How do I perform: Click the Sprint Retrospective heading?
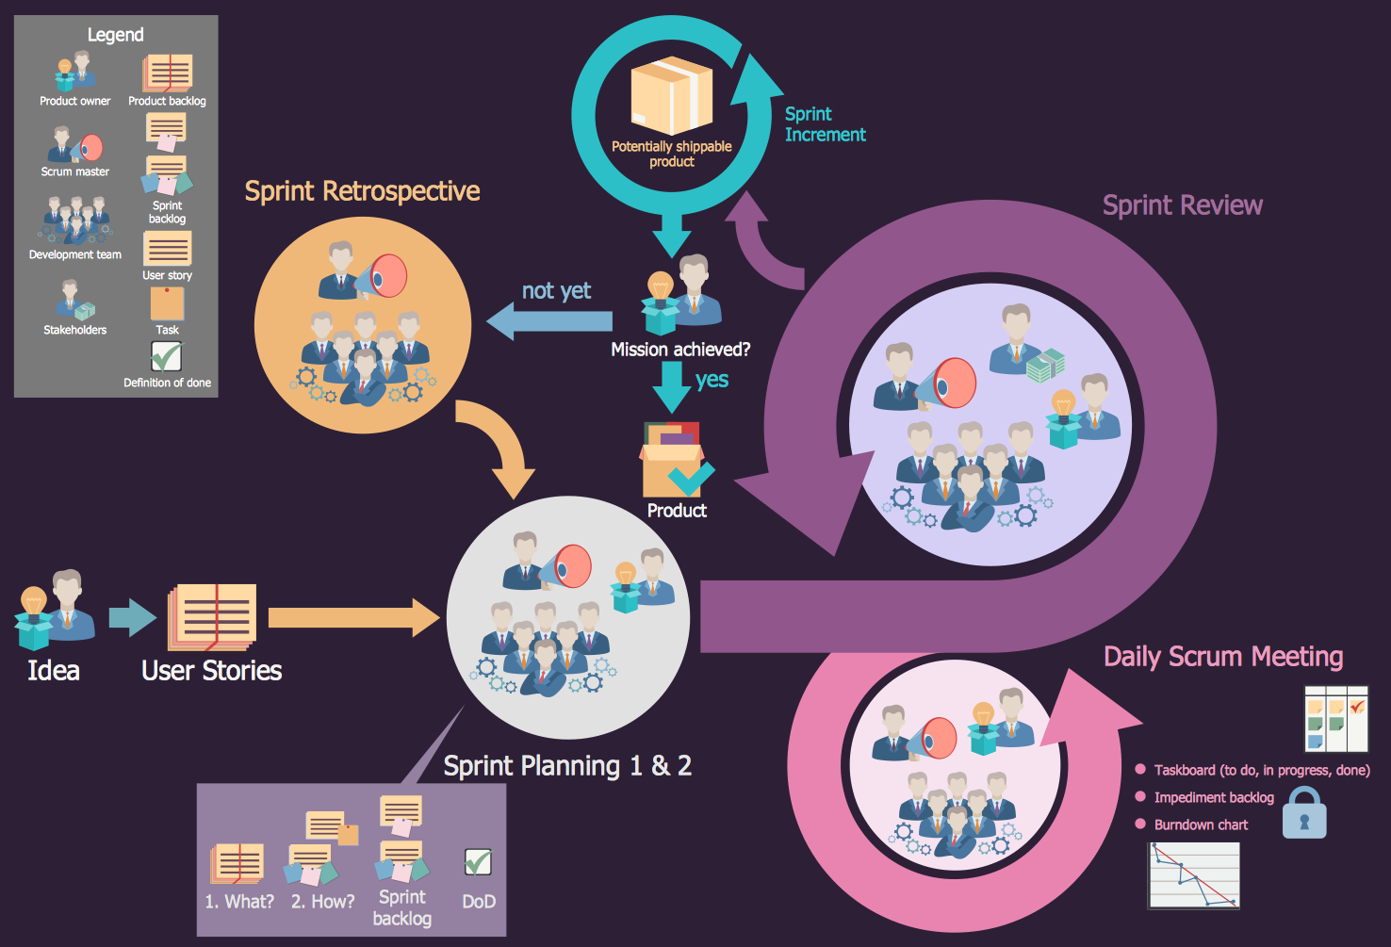tap(362, 191)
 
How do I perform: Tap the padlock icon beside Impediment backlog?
tap(1304, 812)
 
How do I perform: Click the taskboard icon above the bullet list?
tap(1335, 719)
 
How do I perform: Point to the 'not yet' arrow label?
tap(556, 291)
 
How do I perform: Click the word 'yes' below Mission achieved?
tap(712, 380)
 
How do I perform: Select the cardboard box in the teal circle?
tap(671, 95)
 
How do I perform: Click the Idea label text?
tap(54, 670)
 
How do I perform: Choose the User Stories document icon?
tap(213, 616)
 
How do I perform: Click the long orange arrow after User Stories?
tap(353, 617)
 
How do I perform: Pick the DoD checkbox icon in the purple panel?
tap(478, 861)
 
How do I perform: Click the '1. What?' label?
tap(239, 902)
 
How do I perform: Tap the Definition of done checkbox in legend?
tap(167, 356)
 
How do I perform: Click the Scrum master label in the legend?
tap(75, 171)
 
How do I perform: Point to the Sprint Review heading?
tap(1182, 205)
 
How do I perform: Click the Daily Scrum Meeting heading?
tap(1222, 657)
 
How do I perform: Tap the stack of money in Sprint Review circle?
tap(1045, 365)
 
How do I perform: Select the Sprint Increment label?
tap(824, 124)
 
